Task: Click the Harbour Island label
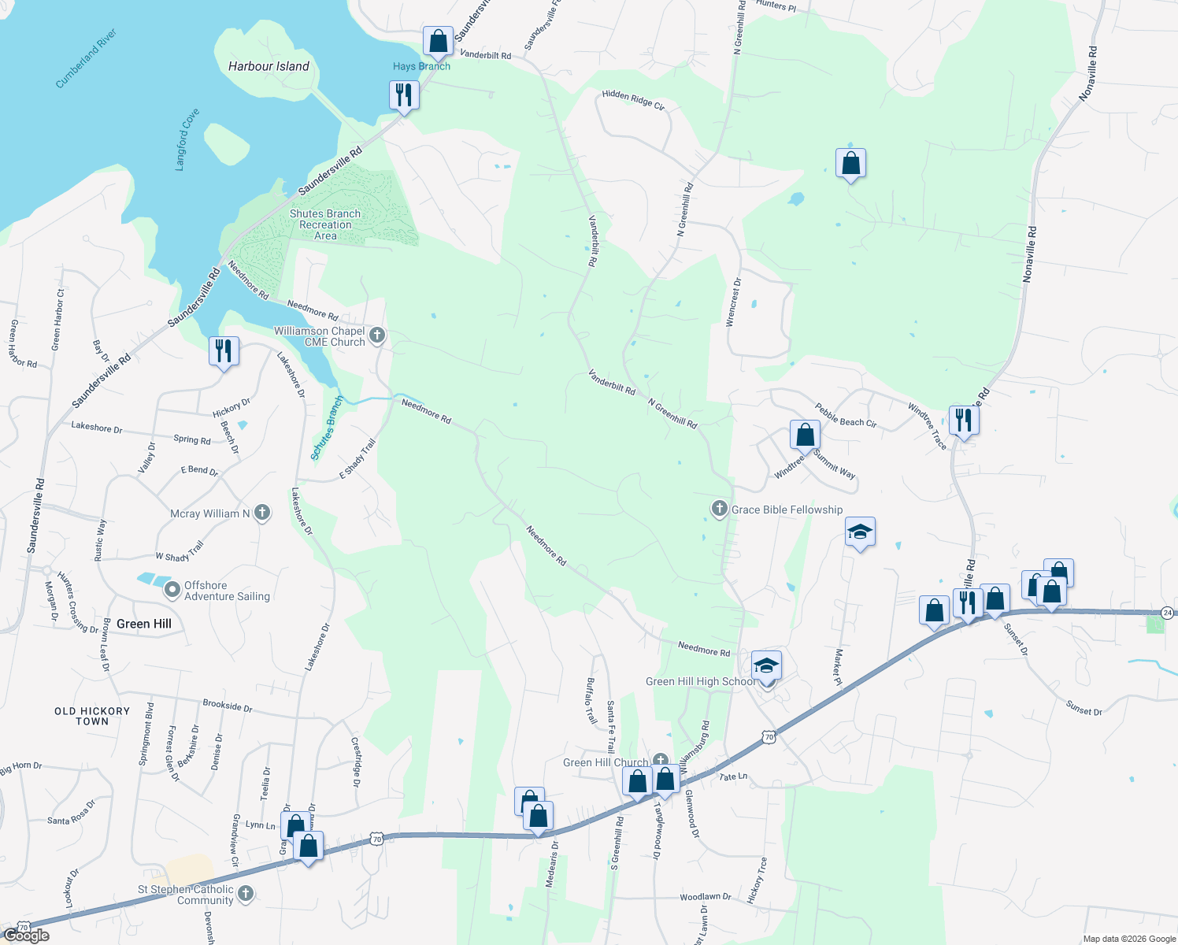(269, 66)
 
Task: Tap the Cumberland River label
(86, 58)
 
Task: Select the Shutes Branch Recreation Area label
(325, 224)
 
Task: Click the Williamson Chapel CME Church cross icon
(377, 336)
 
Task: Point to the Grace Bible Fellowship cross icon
(719, 509)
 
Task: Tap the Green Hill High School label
(699, 681)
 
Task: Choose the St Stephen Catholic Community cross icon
(246, 893)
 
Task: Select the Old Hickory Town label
(92, 716)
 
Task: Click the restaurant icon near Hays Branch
(403, 95)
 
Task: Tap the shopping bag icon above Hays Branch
(438, 41)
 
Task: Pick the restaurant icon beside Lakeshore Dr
(224, 350)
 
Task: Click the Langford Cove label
(187, 139)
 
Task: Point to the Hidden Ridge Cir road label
(633, 99)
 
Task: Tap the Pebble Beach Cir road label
(845, 416)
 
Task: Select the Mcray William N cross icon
(262, 513)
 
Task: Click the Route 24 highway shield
(1168, 612)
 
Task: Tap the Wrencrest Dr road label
(734, 302)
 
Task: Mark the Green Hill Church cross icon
(660, 762)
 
